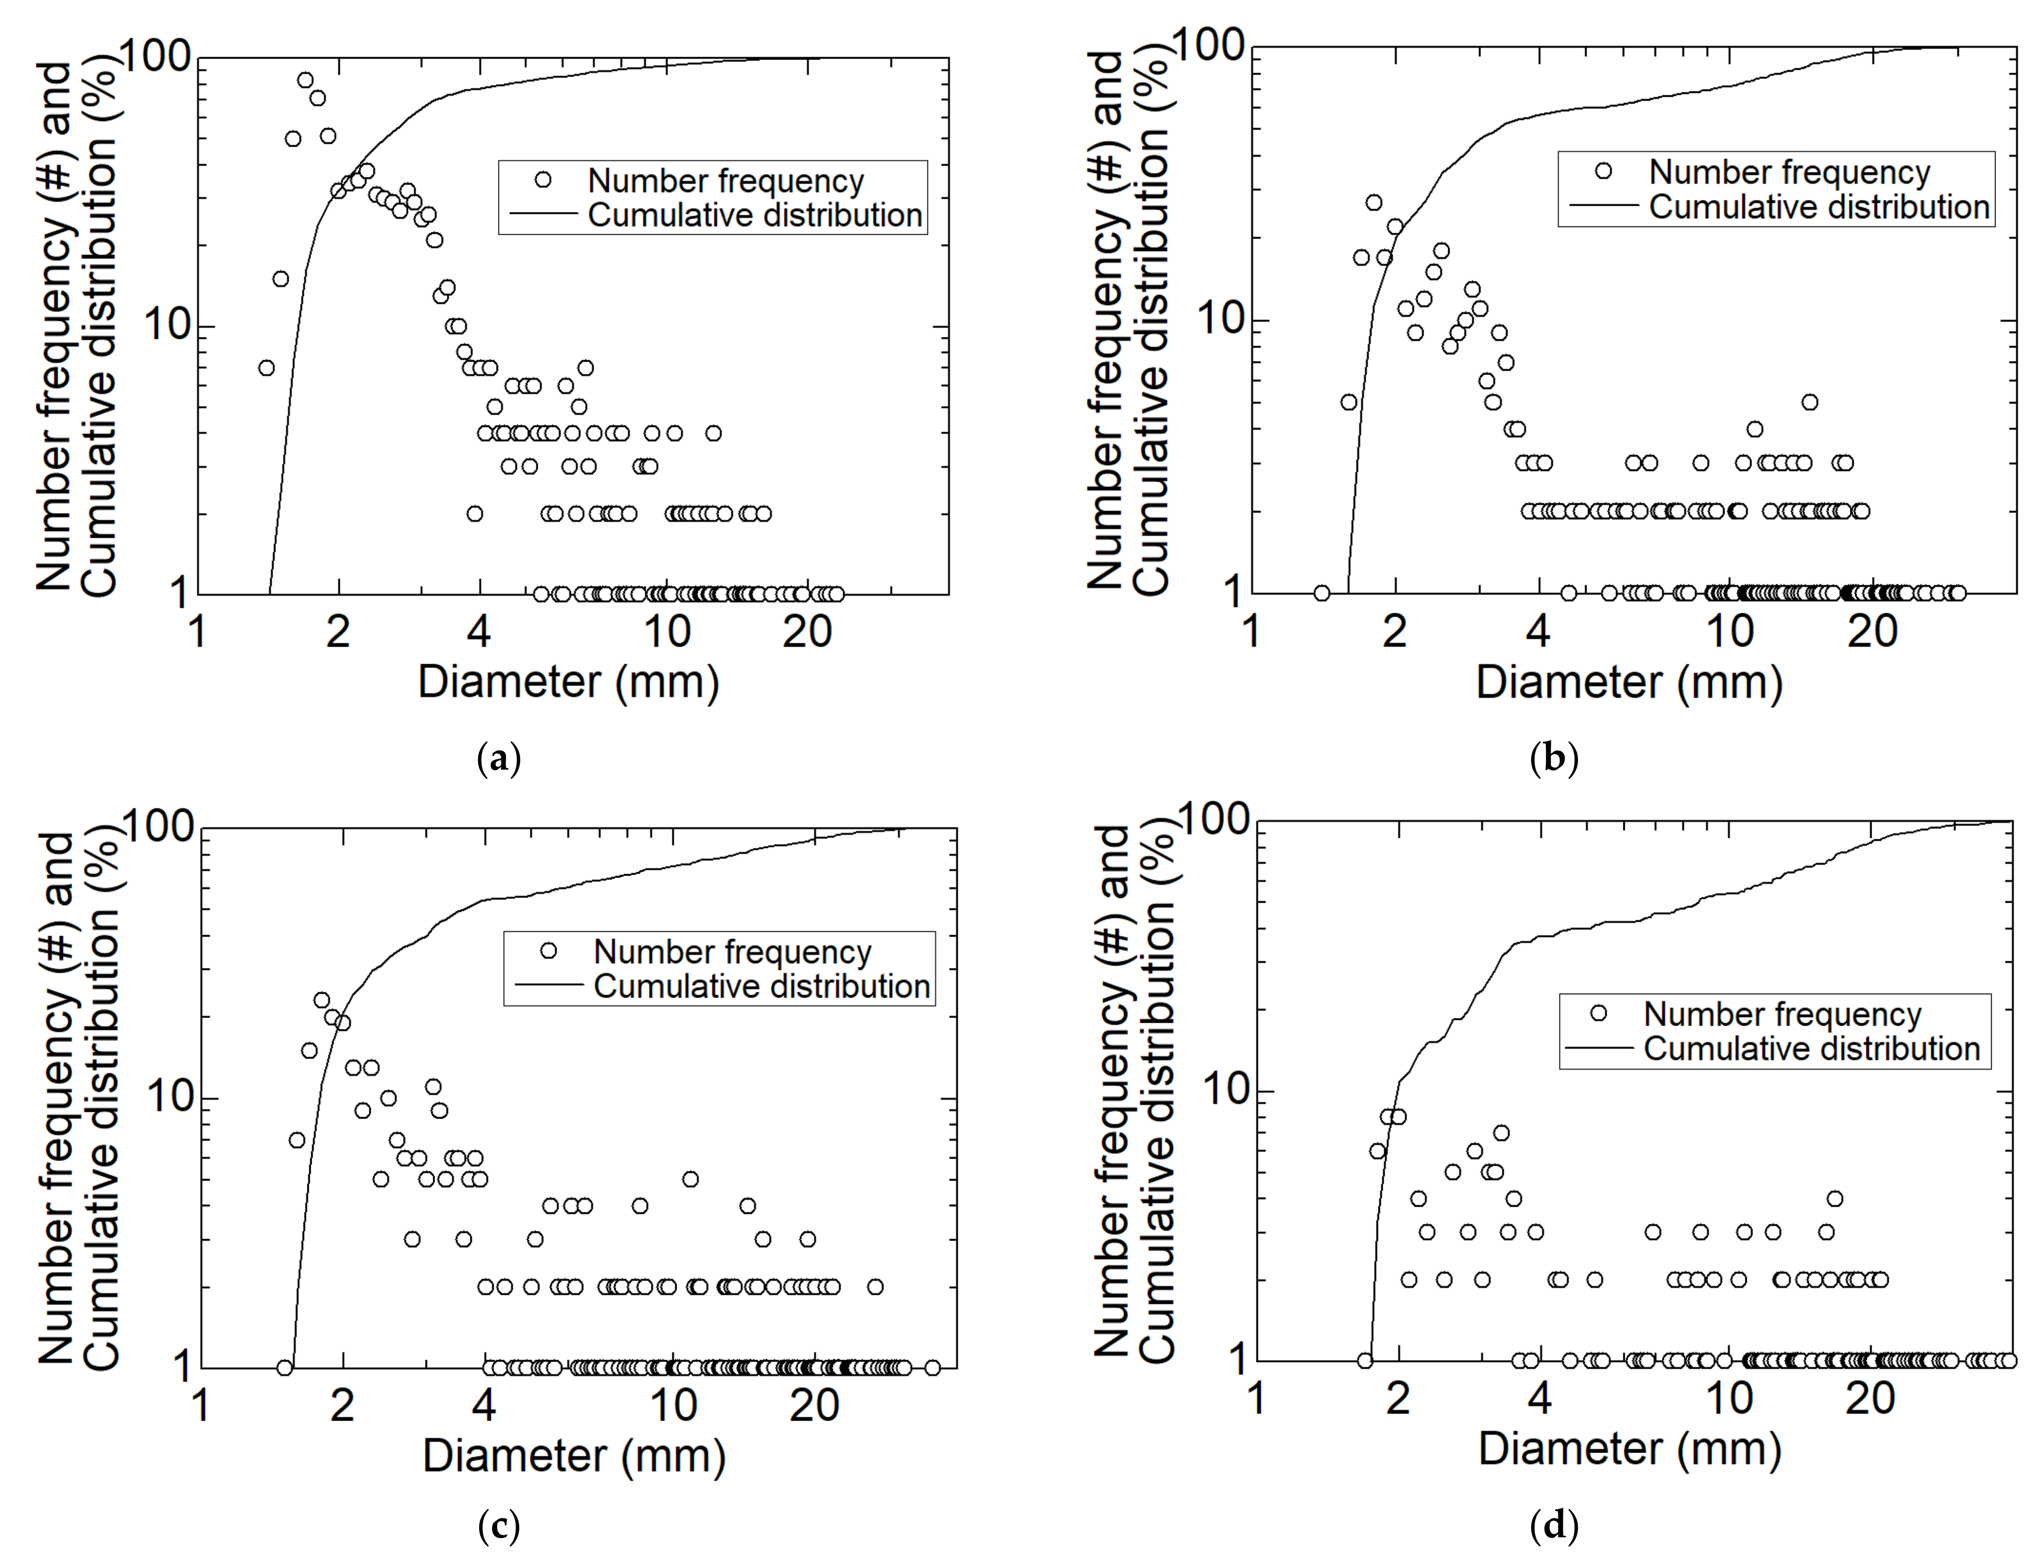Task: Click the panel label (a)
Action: click(499, 758)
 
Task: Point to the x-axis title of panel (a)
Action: click(568, 682)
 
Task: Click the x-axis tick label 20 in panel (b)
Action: click(1872, 632)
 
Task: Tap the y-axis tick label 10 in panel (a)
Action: click(168, 326)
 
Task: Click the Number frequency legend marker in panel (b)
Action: click(1603, 171)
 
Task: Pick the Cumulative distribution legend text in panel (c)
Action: click(761, 986)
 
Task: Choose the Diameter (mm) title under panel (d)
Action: click(1630, 1449)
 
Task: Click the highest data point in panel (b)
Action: click(1374, 202)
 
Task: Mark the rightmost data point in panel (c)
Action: click(932, 1368)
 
